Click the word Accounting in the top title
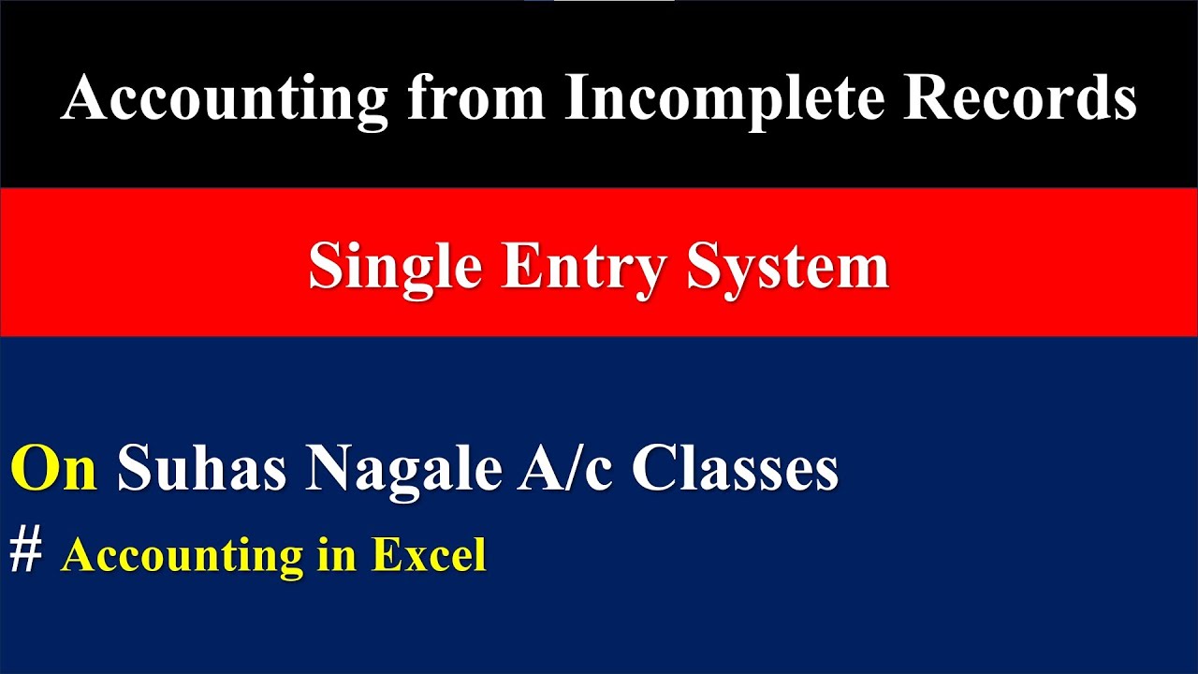(x=225, y=97)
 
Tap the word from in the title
(x=476, y=97)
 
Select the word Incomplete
(x=723, y=99)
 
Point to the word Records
(x=1019, y=97)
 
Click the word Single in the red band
(x=397, y=268)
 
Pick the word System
(x=787, y=268)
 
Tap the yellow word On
(x=54, y=469)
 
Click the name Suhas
(x=201, y=469)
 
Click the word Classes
(x=735, y=469)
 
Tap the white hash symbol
(x=26, y=552)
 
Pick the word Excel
(x=430, y=555)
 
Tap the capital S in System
(x=707, y=268)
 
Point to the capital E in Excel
(x=385, y=555)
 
